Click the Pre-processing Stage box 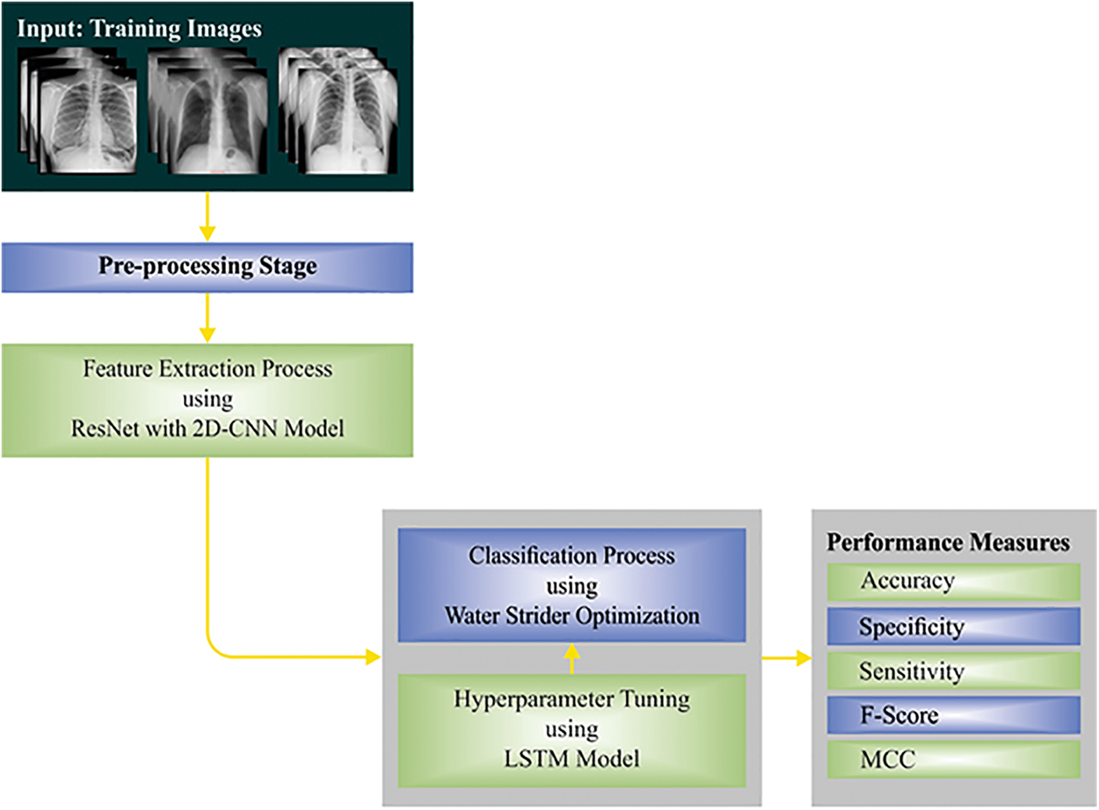coord(207,268)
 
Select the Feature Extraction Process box coord(207,400)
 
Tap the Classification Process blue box coord(572,585)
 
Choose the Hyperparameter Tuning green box coord(572,729)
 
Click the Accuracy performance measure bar coord(954,581)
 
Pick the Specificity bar coord(954,627)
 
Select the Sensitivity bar coord(954,671)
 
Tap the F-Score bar coord(954,715)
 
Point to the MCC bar coord(954,759)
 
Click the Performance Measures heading coord(948,542)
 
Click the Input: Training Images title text coord(139,29)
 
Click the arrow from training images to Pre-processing coord(207,217)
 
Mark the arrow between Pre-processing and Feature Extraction coord(207,318)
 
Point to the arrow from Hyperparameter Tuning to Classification coord(572,659)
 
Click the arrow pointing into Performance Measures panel coord(787,658)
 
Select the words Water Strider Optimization coord(572,616)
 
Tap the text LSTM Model coord(572,758)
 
